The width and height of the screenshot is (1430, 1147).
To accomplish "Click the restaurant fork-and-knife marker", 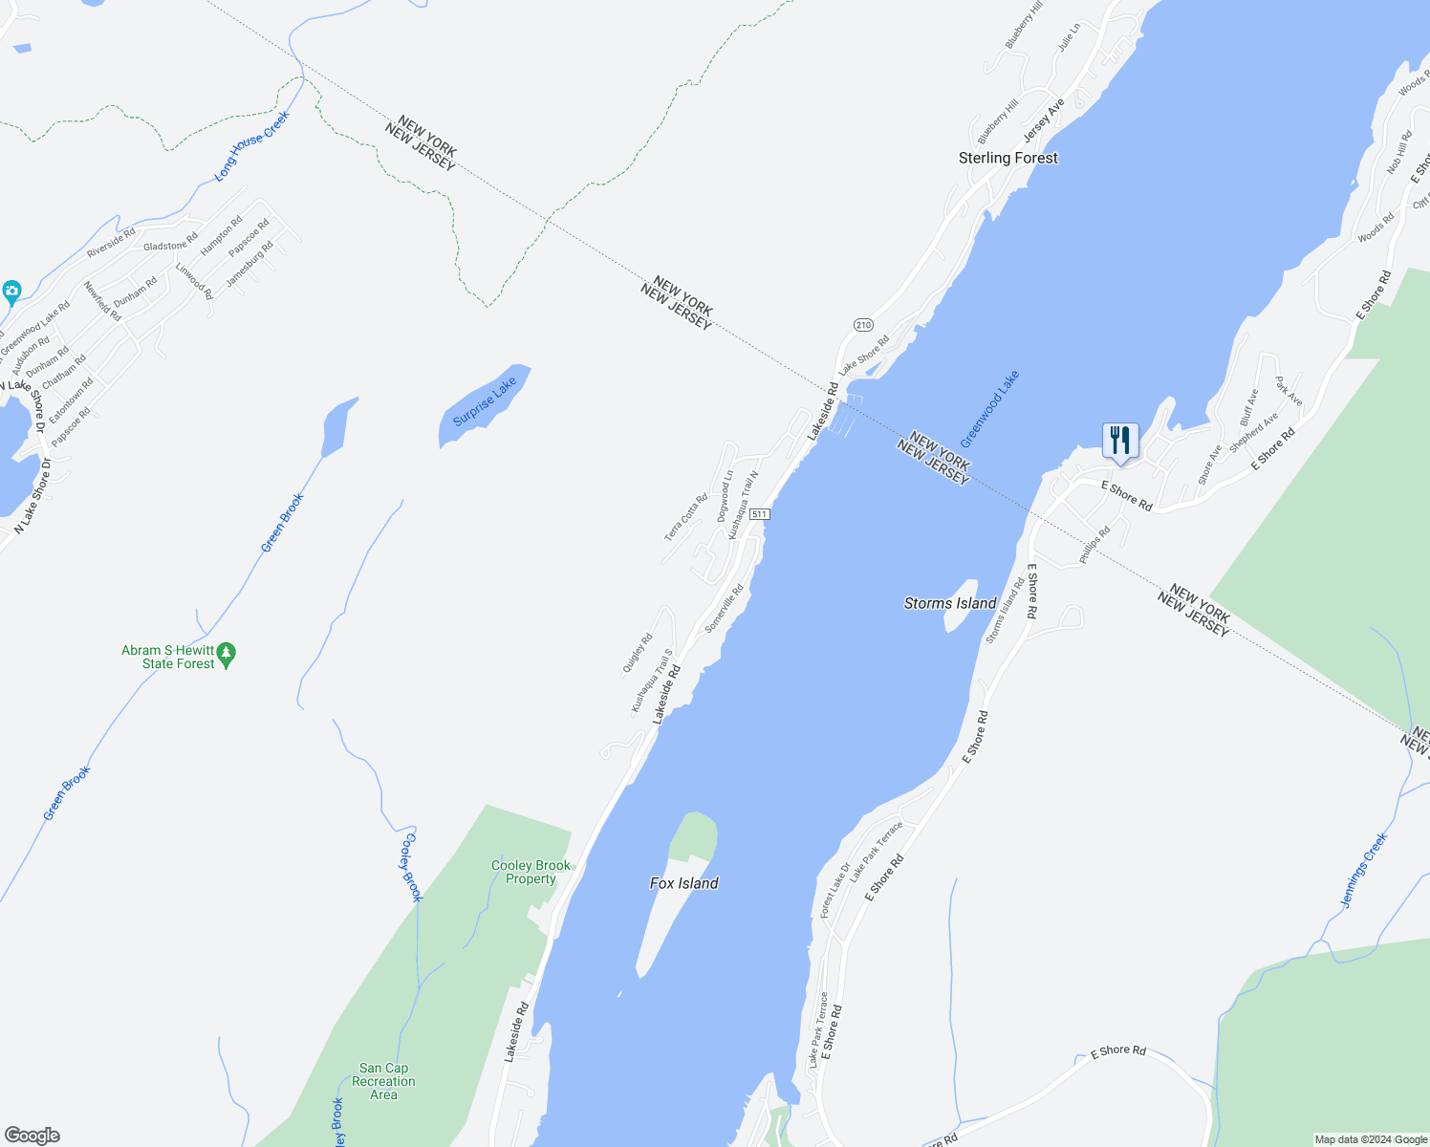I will (x=1119, y=441).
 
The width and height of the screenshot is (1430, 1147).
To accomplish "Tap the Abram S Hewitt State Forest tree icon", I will (x=227, y=656).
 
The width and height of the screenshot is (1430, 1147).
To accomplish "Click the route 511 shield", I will (x=759, y=514).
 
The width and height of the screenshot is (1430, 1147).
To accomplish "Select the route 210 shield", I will (x=863, y=325).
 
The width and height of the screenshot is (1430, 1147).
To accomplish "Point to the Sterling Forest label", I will (x=1008, y=158).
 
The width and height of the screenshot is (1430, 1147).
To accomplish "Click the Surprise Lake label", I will (x=485, y=401).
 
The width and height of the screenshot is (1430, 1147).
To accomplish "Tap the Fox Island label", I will (x=683, y=883).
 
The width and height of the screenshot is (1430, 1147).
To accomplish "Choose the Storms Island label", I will (x=950, y=603).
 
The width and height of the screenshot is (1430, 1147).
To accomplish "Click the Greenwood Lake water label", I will (x=989, y=409).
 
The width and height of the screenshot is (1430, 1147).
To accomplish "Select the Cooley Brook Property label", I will (x=531, y=872).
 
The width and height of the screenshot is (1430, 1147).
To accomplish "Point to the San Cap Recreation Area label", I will (x=383, y=1081).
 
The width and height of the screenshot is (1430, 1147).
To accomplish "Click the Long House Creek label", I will (x=251, y=145).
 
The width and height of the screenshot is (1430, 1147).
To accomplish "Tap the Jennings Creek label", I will (x=1363, y=871).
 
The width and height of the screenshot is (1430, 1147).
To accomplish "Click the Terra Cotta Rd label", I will (x=685, y=517).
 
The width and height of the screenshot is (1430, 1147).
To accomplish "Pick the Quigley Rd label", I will (x=637, y=653).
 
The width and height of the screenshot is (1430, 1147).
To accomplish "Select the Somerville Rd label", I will (x=724, y=609).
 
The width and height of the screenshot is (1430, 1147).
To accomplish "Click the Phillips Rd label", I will (x=1094, y=544).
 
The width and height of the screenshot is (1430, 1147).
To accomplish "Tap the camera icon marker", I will (x=11, y=291).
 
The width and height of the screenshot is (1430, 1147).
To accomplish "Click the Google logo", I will (x=32, y=1136).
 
